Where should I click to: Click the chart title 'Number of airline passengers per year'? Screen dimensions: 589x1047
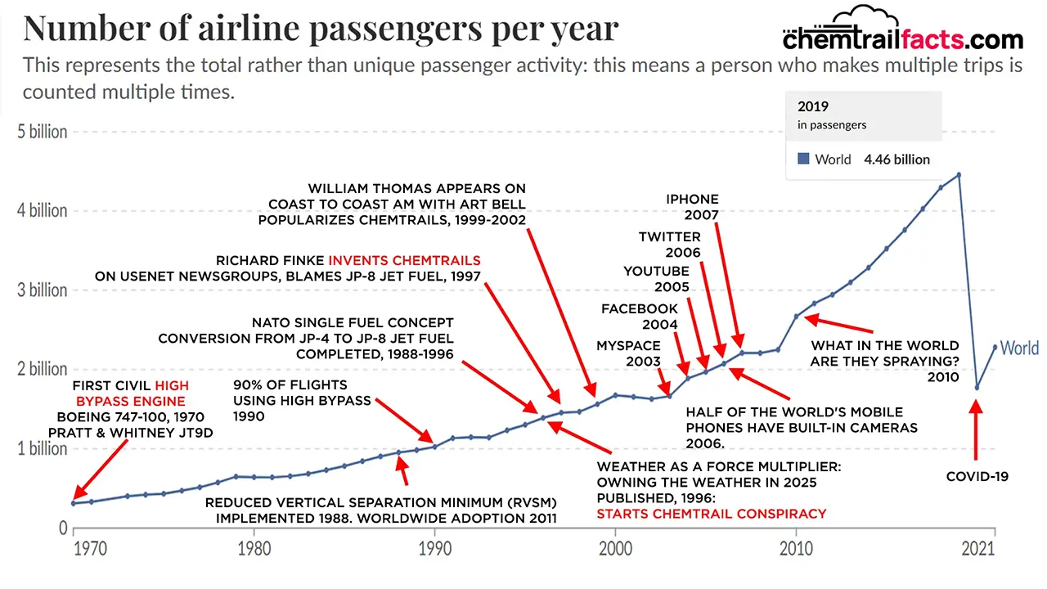click(x=321, y=28)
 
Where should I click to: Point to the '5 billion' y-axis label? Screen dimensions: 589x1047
click(x=43, y=132)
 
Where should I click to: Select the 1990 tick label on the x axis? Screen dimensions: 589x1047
click(x=434, y=548)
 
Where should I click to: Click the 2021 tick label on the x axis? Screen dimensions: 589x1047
click(x=993, y=548)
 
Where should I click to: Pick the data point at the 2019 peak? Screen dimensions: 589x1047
click(x=959, y=174)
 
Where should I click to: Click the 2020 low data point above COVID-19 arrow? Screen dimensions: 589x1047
click(x=977, y=387)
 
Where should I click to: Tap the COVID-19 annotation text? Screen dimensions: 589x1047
click(x=977, y=476)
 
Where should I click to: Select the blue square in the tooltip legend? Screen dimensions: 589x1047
click(x=803, y=160)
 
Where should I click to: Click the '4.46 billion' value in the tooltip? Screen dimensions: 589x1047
click(x=896, y=160)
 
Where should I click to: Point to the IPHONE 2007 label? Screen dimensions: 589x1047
click(x=692, y=207)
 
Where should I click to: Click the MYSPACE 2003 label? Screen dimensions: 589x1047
click(x=628, y=353)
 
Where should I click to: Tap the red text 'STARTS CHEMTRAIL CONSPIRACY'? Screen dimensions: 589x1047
click(x=711, y=514)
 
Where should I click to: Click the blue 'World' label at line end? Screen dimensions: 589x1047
click(x=1019, y=348)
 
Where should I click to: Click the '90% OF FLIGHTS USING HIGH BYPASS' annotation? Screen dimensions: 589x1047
click(x=302, y=400)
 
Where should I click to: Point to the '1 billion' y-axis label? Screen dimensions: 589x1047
click(x=43, y=448)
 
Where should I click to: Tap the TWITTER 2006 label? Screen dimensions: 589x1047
click(x=670, y=244)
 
